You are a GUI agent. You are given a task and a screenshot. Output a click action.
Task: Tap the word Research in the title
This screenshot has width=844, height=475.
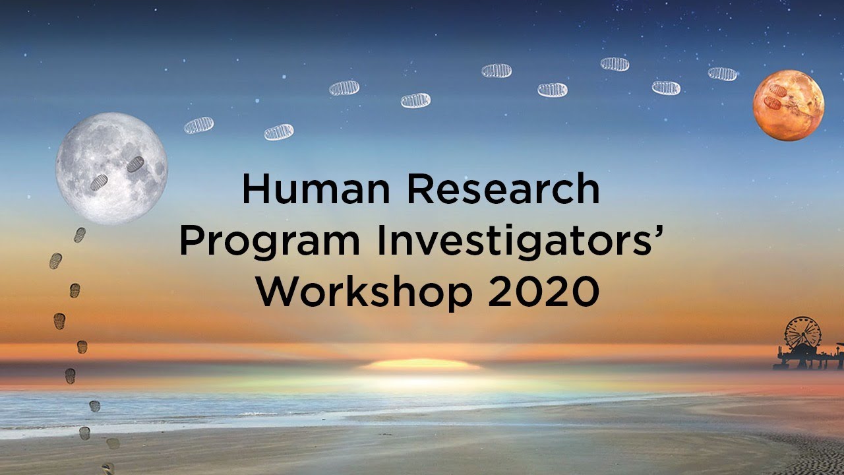pyautogui.click(x=502, y=189)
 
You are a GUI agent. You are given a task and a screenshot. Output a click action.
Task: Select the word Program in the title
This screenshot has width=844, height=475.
pyautogui.click(x=270, y=242)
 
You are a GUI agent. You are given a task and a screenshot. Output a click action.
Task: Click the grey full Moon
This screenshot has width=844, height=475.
pyautogui.click(x=111, y=168)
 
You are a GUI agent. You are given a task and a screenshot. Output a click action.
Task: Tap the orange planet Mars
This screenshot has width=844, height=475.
pyautogui.click(x=789, y=106)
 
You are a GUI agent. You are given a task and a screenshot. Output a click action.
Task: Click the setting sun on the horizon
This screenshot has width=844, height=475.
pyautogui.click(x=422, y=364)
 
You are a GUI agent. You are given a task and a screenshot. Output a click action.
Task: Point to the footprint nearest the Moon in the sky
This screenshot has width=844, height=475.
pyautogui.click(x=198, y=125)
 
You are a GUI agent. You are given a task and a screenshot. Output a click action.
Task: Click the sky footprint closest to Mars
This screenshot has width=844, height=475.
pyautogui.click(x=722, y=73)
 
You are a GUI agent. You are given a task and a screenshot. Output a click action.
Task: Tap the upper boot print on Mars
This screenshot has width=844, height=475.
pyautogui.click(x=777, y=90)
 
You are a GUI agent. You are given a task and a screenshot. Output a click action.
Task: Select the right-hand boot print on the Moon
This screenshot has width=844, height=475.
pyautogui.click(x=135, y=164)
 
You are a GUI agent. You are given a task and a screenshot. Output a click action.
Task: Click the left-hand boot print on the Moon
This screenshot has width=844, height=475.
pyautogui.click(x=99, y=182)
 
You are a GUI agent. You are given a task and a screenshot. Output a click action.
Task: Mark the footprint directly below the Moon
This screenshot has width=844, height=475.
pyautogui.click(x=80, y=235)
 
